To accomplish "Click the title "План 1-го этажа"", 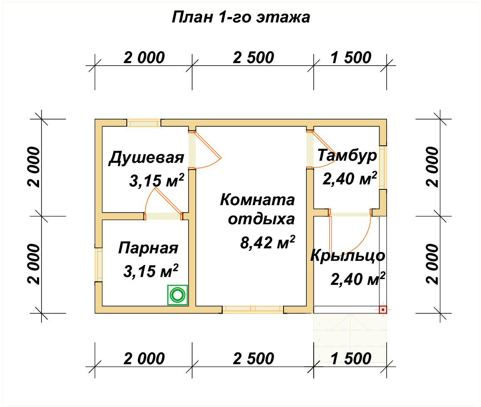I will coord(241,17).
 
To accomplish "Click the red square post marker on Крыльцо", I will coord(382,309).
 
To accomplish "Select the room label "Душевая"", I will coord(146,158).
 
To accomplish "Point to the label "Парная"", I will coord(148,248).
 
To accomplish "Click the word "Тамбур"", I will coord(347,155).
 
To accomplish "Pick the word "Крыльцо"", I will coord(348,255).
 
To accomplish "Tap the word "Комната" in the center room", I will coord(257,200).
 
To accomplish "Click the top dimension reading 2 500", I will coord(253,58).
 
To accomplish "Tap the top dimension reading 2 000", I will coord(144,58).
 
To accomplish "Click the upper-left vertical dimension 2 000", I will coord(34,167).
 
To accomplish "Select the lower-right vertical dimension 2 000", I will coord(432,264).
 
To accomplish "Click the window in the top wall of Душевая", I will coord(144,123).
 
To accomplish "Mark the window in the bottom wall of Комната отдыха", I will coord(253,309).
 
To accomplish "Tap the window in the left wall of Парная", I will coord(99,265).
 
